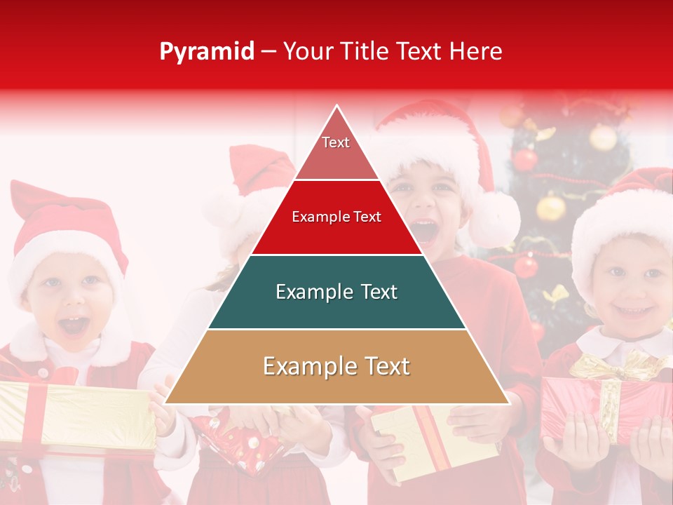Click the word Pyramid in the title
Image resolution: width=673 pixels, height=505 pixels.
[x=206, y=52]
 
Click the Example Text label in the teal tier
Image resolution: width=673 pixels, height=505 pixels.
[x=336, y=292]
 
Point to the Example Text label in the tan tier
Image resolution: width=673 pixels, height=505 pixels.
[x=336, y=367]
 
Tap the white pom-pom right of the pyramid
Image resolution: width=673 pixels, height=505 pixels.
[x=494, y=218]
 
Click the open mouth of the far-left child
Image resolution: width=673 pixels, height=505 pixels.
[x=74, y=326]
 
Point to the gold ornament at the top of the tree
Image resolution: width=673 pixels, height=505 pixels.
[x=603, y=137]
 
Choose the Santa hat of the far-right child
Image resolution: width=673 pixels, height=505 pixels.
[x=627, y=210]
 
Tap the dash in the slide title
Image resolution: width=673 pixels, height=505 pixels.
[x=268, y=52]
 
